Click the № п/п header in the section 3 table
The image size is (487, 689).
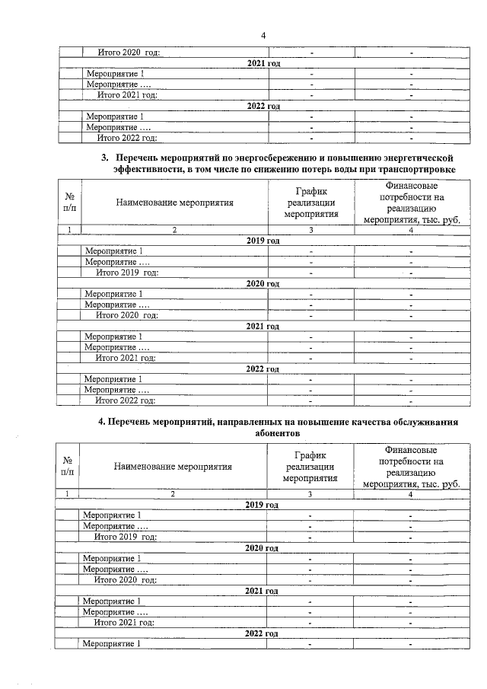tap(69, 202)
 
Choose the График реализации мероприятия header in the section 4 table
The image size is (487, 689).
tap(310, 467)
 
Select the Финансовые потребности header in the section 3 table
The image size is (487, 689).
tap(410, 202)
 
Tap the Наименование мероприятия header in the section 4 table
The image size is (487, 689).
tap(173, 467)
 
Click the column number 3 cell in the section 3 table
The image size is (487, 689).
tap(310, 230)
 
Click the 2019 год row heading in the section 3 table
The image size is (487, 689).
tap(263, 241)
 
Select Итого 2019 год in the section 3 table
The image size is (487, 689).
tap(126, 273)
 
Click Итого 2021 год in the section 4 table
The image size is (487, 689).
tap(124, 622)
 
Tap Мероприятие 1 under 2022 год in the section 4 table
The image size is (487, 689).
tap(111, 644)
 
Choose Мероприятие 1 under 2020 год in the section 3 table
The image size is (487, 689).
tap(113, 294)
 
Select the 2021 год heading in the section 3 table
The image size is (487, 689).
tap(263, 326)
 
